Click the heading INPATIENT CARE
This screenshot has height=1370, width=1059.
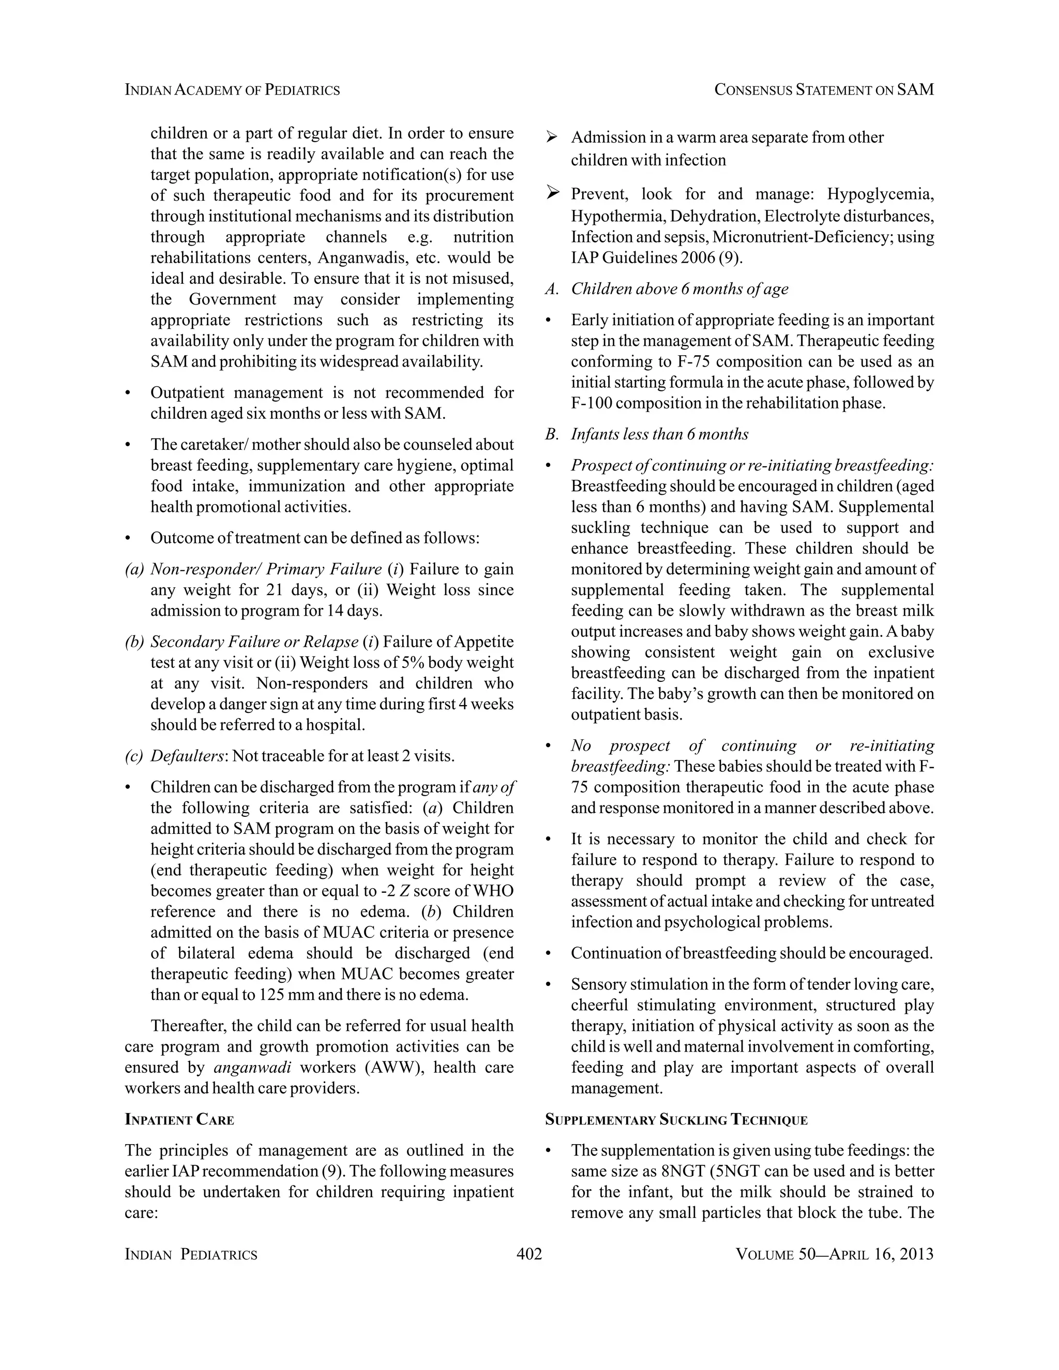click(x=179, y=1120)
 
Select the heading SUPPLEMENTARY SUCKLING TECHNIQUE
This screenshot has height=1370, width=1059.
click(x=676, y=1120)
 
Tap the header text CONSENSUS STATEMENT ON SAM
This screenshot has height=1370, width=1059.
click(x=824, y=90)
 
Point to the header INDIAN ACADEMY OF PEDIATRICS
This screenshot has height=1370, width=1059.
click(x=232, y=90)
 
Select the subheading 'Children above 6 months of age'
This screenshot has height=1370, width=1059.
click(x=679, y=289)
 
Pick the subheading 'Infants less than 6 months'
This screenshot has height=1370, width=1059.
click(x=659, y=434)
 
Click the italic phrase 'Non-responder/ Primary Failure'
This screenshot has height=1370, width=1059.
click(x=265, y=569)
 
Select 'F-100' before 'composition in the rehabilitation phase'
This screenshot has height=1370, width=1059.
click(x=592, y=403)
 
